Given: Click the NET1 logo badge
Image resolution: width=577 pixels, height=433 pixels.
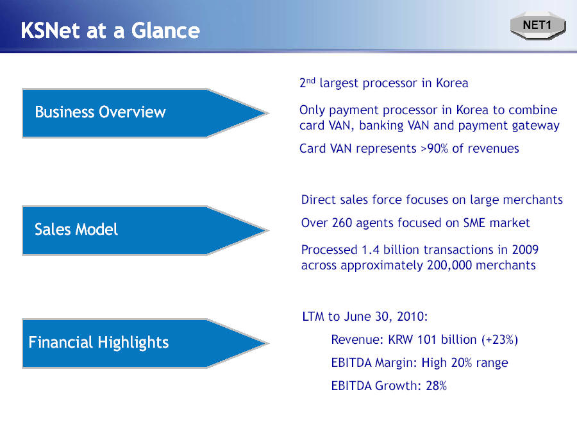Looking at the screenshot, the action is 538,26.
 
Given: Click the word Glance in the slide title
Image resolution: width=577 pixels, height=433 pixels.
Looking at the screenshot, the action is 165,30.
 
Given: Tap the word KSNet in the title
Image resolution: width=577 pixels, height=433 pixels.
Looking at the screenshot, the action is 50,30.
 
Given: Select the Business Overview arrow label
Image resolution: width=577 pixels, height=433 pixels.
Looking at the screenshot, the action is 100,112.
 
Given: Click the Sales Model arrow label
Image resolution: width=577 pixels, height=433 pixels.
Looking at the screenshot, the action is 76,230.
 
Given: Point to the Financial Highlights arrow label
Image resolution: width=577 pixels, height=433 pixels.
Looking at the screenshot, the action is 99,343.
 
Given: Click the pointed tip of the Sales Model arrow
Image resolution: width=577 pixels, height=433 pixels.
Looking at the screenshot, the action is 268,231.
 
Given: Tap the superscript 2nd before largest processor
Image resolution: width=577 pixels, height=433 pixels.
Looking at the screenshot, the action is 307,82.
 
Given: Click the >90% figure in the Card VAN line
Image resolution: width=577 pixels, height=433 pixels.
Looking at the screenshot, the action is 434,148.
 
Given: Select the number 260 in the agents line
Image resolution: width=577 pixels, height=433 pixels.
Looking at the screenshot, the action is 342,223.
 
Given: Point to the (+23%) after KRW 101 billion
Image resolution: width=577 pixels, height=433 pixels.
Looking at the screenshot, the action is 499,339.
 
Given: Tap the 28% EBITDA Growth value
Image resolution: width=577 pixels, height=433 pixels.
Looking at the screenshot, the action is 436,386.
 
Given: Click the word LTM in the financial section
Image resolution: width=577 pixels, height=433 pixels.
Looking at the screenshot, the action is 313,316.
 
